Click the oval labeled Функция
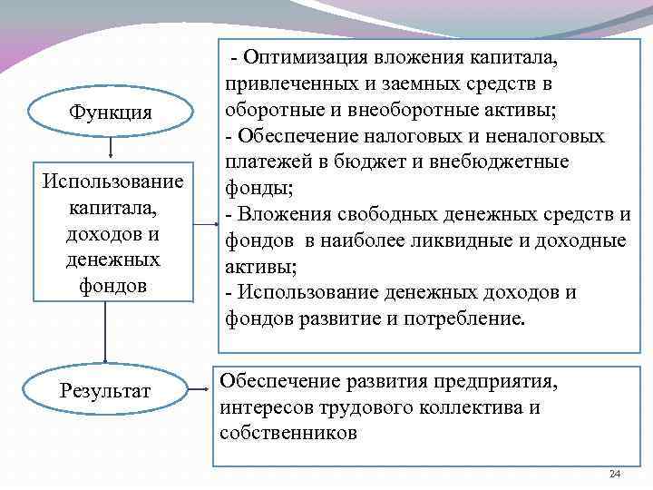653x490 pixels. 110,113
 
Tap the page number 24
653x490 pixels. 615,475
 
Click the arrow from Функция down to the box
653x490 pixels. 110,149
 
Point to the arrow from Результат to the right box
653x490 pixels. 200,391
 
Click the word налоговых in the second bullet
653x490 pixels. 404,136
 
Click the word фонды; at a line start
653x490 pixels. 249,189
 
